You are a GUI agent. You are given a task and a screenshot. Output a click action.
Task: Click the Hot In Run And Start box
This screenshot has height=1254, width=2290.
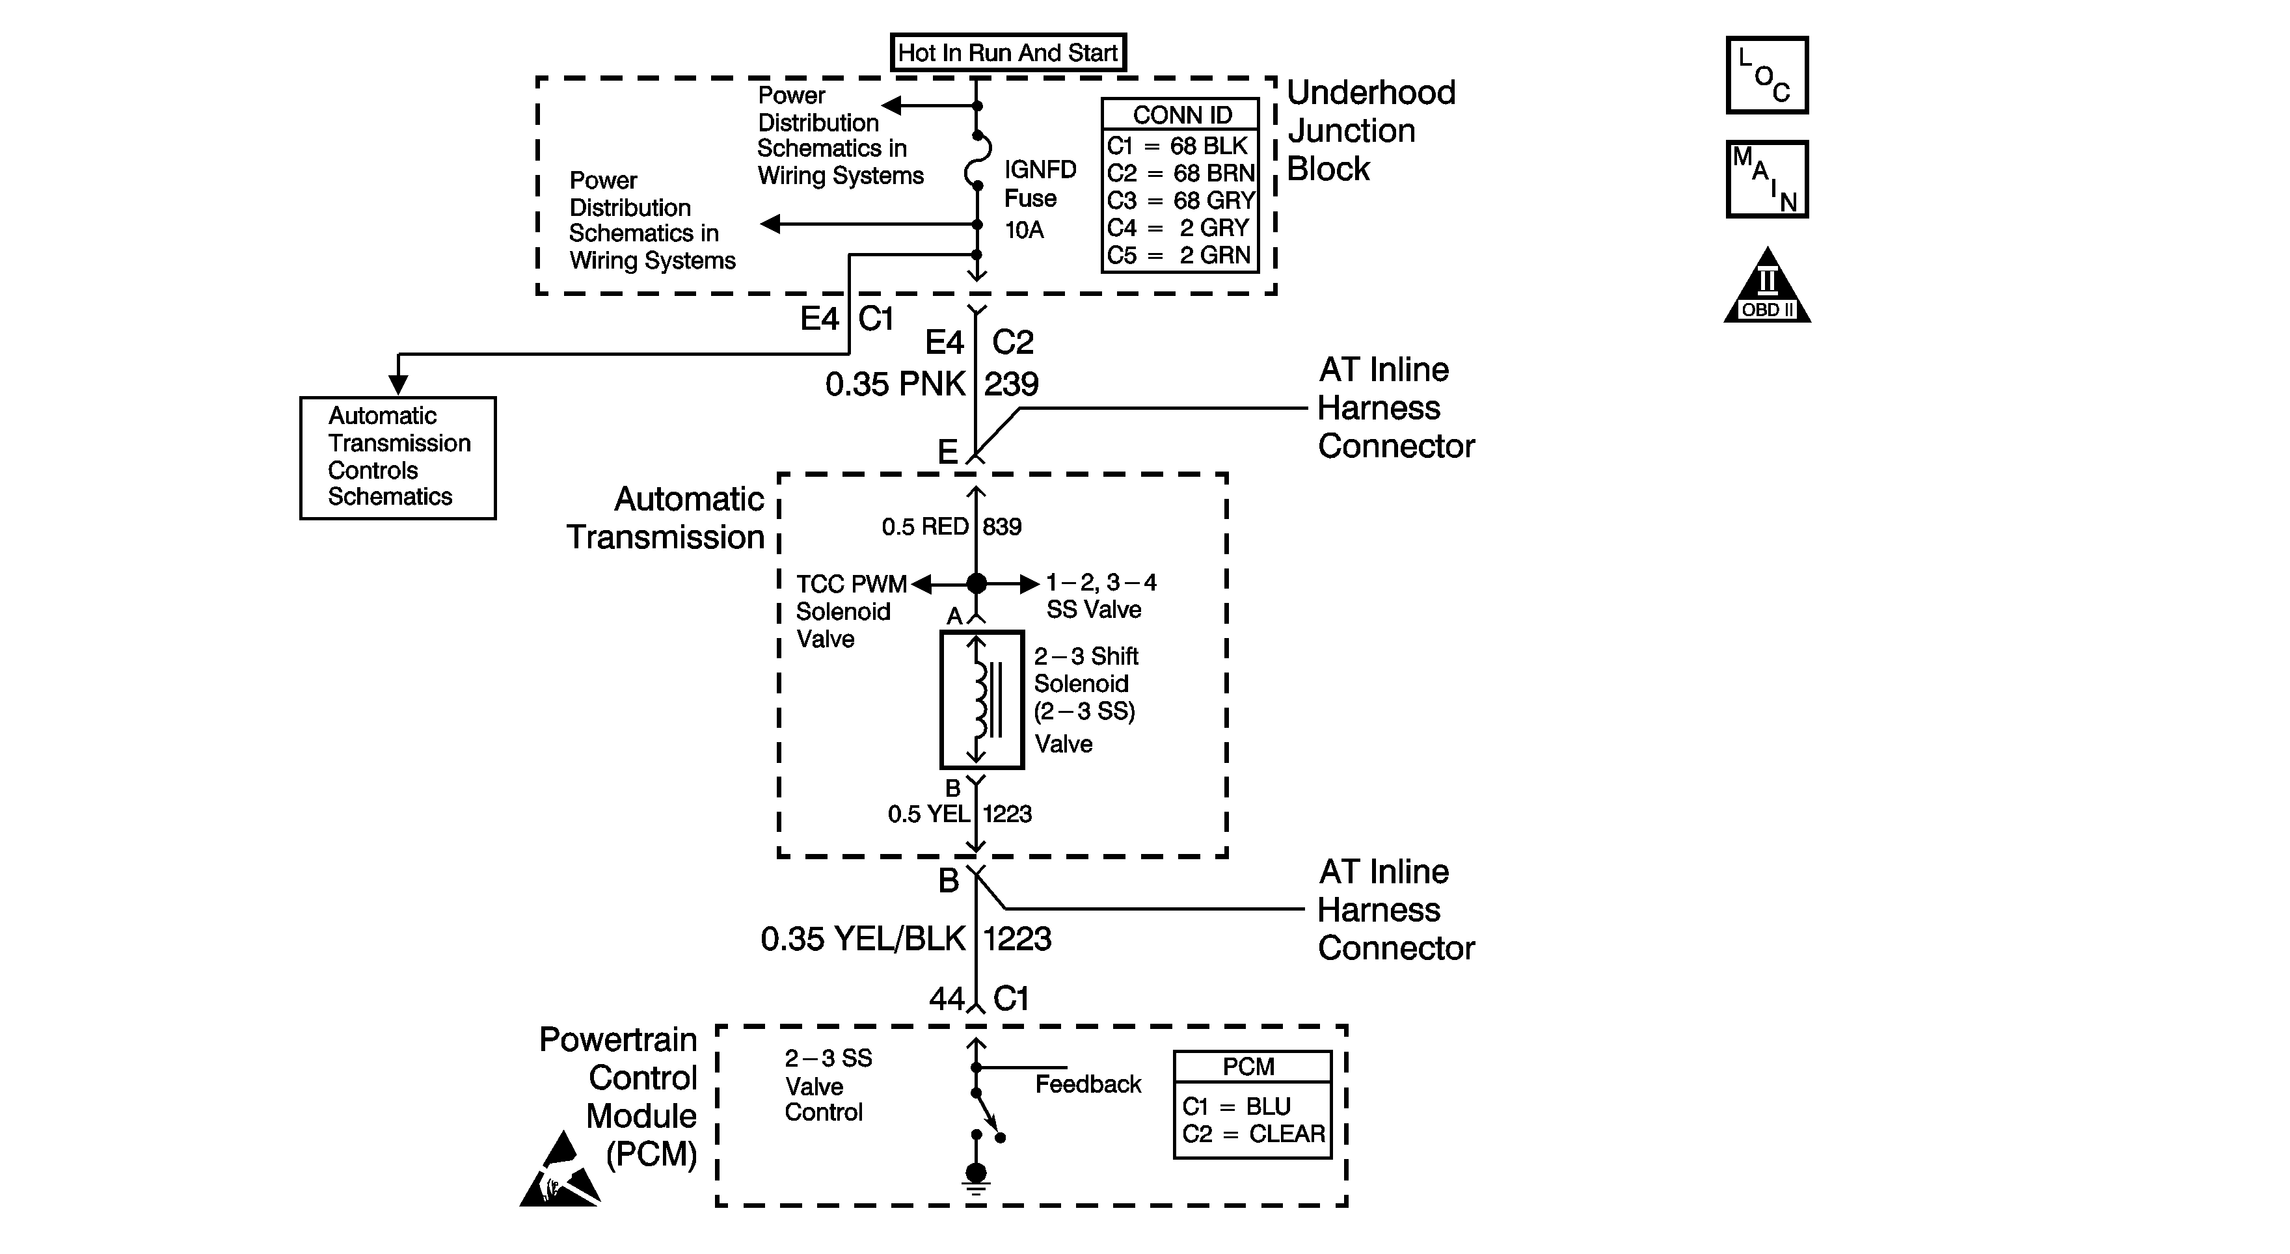(1008, 53)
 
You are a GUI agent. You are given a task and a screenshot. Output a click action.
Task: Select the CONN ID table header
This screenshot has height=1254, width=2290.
(1181, 114)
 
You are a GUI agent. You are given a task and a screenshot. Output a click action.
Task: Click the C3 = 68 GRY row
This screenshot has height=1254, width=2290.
(1181, 201)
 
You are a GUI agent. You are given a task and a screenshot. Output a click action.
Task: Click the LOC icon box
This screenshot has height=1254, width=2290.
(1766, 75)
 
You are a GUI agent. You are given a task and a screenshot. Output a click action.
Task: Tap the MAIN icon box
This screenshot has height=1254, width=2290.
(1766, 179)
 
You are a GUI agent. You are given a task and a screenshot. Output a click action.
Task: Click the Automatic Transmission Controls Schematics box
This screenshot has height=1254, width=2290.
(397, 457)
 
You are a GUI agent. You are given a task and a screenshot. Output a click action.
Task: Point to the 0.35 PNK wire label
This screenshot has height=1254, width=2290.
(895, 384)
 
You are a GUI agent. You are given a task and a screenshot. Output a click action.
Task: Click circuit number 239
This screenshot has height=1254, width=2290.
(1012, 384)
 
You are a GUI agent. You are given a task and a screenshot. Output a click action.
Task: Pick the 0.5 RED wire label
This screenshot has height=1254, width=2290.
(924, 527)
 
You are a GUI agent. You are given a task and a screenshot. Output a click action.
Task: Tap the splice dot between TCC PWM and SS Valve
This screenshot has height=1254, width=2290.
(976, 583)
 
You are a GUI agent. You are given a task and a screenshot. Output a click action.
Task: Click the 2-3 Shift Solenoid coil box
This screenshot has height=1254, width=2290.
(982, 699)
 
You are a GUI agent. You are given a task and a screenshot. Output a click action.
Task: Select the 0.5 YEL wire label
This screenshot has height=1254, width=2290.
(928, 814)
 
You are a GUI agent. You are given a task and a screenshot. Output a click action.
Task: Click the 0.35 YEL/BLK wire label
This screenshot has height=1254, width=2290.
(862, 939)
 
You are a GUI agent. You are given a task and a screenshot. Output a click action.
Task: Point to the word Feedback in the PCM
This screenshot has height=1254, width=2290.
(1087, 1084)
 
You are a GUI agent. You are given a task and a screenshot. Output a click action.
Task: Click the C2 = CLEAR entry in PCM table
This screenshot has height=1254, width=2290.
(1252, 1134)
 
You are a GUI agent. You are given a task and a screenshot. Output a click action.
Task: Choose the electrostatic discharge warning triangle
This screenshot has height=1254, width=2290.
(560, 1173)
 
